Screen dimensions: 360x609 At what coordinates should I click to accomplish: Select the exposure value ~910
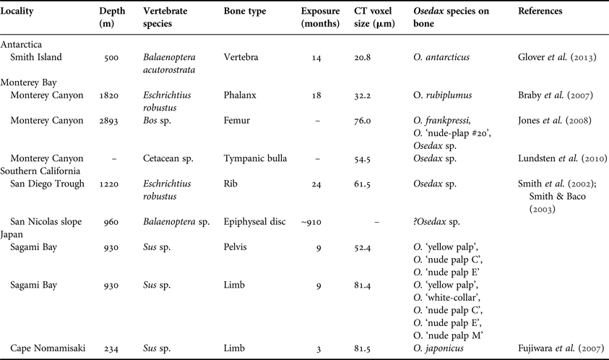point(312,219)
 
